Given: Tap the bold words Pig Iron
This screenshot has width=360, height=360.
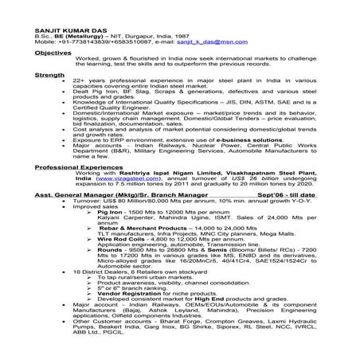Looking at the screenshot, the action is [113, 214].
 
